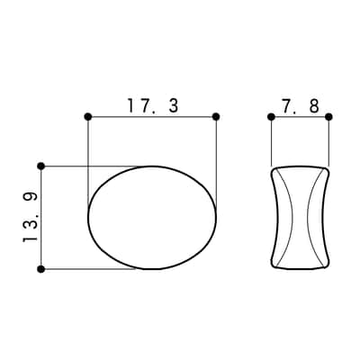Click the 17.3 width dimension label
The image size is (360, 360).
tap(153, 105)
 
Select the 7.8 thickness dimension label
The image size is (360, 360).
tap(301, 106)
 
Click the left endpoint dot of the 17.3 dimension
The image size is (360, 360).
tap(88, 117)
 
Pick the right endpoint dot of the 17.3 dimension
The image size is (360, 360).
tap(216, 117)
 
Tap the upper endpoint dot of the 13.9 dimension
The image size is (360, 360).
tap(41, 166)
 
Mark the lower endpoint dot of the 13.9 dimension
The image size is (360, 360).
tap(41, 269)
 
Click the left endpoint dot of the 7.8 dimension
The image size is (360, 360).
tap(271, 117)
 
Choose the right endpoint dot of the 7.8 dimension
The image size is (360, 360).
tap(328, 117)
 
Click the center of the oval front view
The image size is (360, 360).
tap(152, 218)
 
